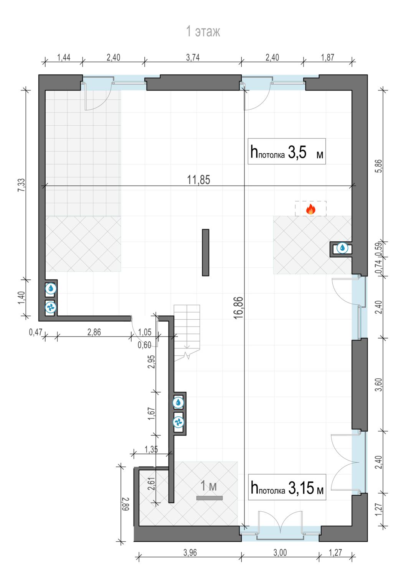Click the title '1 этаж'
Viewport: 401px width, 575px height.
tap(203, 31)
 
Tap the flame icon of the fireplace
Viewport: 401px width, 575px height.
tap(310, 209)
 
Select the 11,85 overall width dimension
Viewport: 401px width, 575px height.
tap(198, 180)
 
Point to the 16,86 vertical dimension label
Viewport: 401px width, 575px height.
tap(238, 308)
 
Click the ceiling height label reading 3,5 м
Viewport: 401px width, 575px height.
tap(287, 151)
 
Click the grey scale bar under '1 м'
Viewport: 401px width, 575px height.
tap(210, 498)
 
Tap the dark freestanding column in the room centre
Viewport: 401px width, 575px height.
tap(206, 253)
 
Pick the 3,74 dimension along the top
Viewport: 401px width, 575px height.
tap(193, 58)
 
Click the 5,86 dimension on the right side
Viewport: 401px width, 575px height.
tap(379, 166)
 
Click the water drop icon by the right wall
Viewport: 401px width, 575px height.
tap(342, 248)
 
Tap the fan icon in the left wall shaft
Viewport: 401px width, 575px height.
tap(51, 307)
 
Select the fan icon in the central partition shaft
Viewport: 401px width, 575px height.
tap(178, 422)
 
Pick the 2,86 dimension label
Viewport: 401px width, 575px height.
tap(94, 332)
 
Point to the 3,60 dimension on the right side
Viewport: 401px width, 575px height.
tap(379, 384)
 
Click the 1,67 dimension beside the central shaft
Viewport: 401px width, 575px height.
tap(151, 414)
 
